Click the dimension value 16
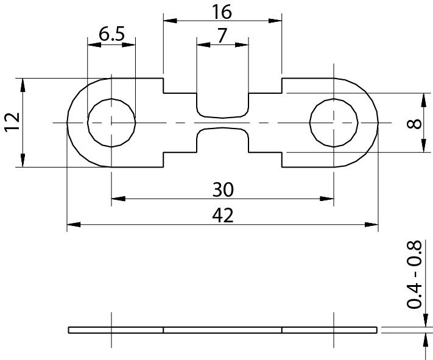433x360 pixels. coord(222,12)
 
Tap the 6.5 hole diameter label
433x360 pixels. coord(112,34)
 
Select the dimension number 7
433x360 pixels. coord(222,36)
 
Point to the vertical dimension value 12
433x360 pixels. coord(12,121)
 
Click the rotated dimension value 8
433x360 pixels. coord(414,124)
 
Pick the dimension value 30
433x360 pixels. coord(223,189)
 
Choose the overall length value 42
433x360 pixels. coord(223,216)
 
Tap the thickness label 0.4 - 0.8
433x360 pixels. coord(414,275)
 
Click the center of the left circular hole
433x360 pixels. coord(111,122)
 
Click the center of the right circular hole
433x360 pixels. coord(334,122)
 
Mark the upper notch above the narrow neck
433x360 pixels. coord(222,105)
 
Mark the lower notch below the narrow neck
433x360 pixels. coord(222,140)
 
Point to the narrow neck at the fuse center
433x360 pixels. coord(222,122)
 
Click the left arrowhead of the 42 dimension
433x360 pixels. coord(74,224)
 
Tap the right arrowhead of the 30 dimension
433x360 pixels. coord(327,199)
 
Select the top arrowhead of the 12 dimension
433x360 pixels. coord(23,85)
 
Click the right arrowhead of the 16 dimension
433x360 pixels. coord(275,21)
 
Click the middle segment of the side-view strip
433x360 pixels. coord(222,330)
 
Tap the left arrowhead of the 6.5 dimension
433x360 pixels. coord(94,44)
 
